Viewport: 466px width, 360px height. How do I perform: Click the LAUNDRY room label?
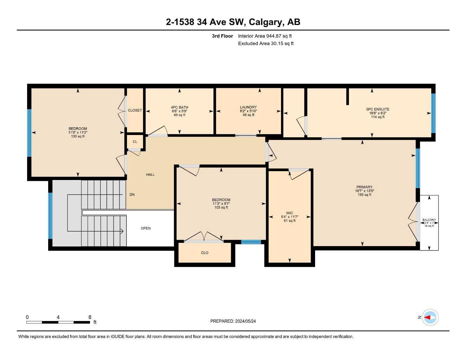click(x=248, y=107)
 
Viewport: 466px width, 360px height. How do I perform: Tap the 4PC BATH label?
click(x=179, y=107)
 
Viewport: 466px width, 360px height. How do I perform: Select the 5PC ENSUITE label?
click(x=378, y=109)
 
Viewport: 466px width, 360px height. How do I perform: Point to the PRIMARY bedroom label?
click(x=364, y=187)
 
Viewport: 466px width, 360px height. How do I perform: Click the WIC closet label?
click(x=289, y=213)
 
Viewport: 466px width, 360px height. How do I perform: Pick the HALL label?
click(x=150, y=175)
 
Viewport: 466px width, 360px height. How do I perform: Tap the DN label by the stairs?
click(x=132, y=195)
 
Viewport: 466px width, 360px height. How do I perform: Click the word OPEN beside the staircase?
click(x=146, y=229)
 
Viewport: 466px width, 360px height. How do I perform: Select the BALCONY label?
click(x=429, y=220)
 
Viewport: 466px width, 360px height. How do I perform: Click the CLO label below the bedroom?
click(x=205, y=253)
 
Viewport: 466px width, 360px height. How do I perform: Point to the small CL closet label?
click(x=135, y=142)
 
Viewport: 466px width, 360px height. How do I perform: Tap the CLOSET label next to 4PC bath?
click(x=135, y=110)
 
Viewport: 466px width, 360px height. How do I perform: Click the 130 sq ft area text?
click(x=78, y=136)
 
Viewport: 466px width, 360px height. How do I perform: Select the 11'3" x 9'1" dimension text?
click(x=221, y=204)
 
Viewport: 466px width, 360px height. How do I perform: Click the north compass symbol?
click(x=430, y=317)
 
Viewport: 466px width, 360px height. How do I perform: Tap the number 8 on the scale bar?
click(x=90, y=317)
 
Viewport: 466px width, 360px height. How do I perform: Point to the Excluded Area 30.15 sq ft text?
click(x=266, y=44)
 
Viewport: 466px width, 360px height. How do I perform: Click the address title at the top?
click(x=233, y=22)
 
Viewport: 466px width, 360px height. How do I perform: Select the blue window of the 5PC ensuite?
click(x=433, y=113)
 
